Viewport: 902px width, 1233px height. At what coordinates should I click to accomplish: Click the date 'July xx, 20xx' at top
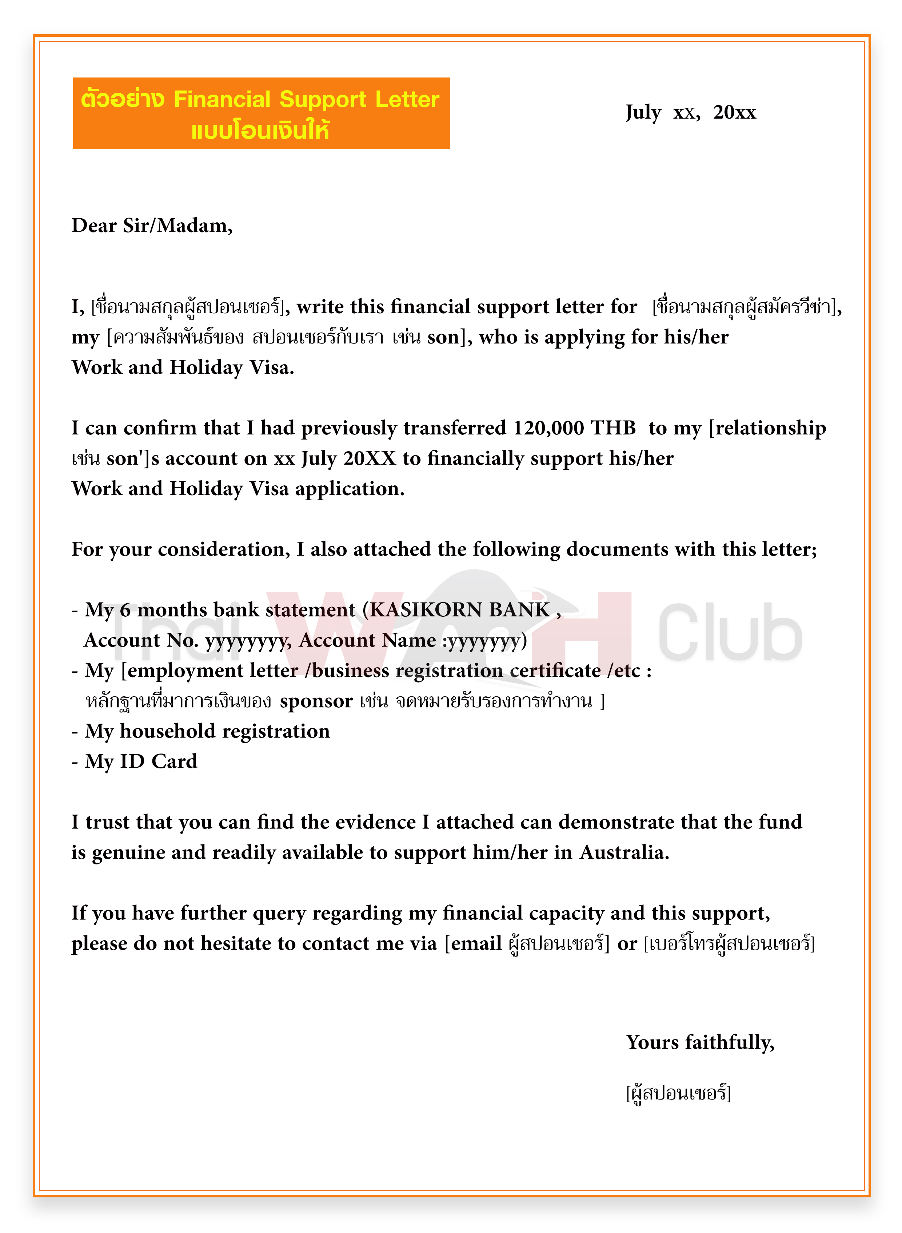[690, 112]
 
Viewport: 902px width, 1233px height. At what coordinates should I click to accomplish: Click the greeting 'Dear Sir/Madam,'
[152, 226]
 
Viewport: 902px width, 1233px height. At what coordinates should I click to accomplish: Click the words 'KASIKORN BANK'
[460, 609]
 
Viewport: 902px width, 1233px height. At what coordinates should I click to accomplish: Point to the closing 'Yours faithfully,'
[700, 1042]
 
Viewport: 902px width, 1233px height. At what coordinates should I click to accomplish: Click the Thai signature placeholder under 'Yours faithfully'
[678, 1093]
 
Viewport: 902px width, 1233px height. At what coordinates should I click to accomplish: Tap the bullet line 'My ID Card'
[141, 761]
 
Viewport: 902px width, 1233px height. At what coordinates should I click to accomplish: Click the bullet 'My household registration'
[207, 731]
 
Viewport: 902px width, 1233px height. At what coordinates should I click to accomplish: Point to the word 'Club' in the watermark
[730, 633]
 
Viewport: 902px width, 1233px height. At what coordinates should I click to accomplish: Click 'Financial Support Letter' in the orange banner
[306, 99]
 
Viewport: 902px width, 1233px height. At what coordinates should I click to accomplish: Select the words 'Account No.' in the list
[141, 640]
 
